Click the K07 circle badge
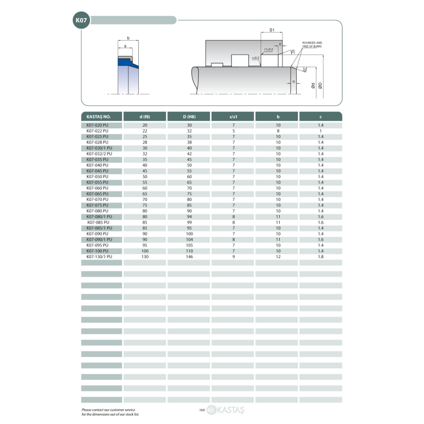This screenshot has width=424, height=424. (x=81, y=20)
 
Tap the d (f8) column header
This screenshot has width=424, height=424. (x=145, y=117)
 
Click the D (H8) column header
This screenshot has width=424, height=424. (x=189, y=117)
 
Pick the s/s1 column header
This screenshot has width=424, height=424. (x=233, y=117)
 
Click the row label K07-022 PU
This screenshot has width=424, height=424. (x=98, y=131)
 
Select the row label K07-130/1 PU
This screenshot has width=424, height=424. (x=99, y=257)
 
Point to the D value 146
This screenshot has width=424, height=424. (x=189, y=257)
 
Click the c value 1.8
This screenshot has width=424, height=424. (x=321, y=257)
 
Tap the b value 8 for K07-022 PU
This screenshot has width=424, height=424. (x=278, y=131)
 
